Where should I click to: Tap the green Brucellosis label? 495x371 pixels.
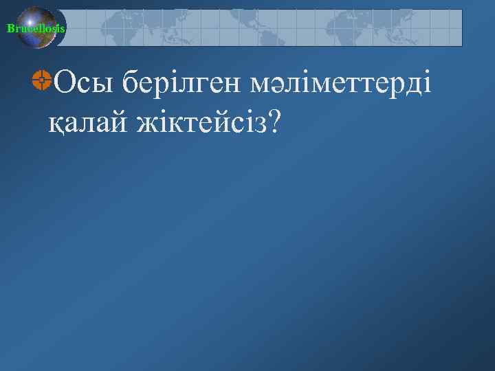pos(36,28)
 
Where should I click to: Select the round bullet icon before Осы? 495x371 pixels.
pos(42,81)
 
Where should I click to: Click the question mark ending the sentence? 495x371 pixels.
pos(274,121)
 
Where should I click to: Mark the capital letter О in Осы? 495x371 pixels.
pos(63,84)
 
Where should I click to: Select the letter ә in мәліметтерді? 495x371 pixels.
pos(265,87)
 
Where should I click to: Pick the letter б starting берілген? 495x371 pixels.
pos(132,84)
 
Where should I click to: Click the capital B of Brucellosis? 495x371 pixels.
pos(10,28)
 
